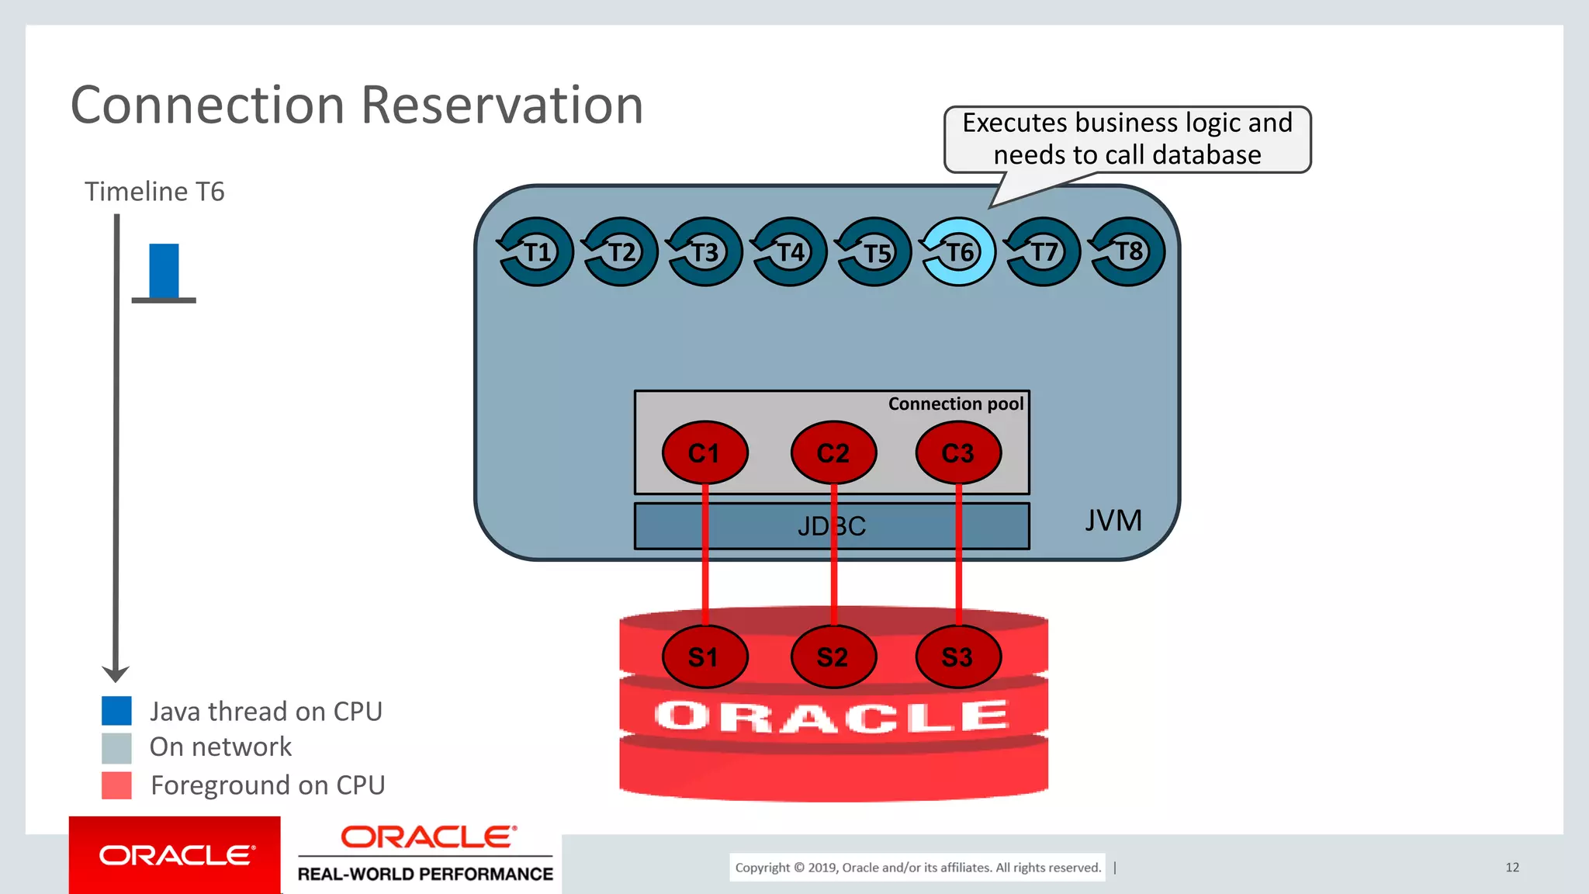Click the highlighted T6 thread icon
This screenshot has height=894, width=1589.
tap(958, 252)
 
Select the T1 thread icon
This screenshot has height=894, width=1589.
tap(535, 252)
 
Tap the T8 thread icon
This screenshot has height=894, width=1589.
tap(1127, 252)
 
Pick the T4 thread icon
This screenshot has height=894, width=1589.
tap(789, 252)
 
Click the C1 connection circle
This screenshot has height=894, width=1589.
tap(704, 452)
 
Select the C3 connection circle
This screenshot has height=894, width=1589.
tap(958, 452)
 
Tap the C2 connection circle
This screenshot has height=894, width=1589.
tap(833, 452)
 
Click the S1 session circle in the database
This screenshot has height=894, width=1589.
tap(704, 657)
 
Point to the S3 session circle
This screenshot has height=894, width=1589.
tap(958, 657)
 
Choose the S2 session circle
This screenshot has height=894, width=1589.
tap(833, 657)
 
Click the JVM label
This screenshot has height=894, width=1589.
tap(1113, 520)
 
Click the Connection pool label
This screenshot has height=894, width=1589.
tap(955, 404)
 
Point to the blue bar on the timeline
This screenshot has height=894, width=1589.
tap(164, 271)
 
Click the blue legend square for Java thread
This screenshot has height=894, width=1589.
tap(116, 711)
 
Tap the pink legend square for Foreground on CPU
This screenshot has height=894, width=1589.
tap(116, 785)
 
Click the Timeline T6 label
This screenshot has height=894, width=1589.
tap(154, 192)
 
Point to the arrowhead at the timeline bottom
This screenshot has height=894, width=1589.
tap(116, 673)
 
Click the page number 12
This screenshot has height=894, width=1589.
tap(1511, 867)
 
